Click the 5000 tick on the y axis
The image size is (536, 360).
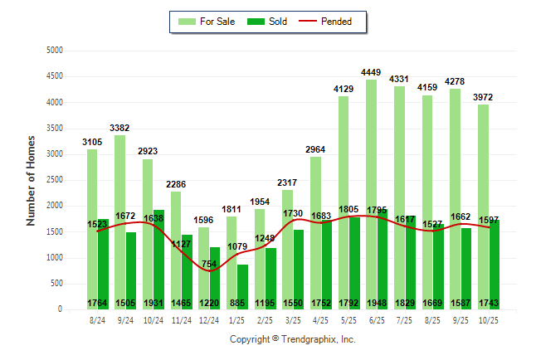(55, 51)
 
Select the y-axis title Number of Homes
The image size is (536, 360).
(32, 181)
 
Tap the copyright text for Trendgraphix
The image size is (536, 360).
(292, 340)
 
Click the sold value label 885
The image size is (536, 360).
(242, 302)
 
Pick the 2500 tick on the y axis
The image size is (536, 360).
(55, 180)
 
